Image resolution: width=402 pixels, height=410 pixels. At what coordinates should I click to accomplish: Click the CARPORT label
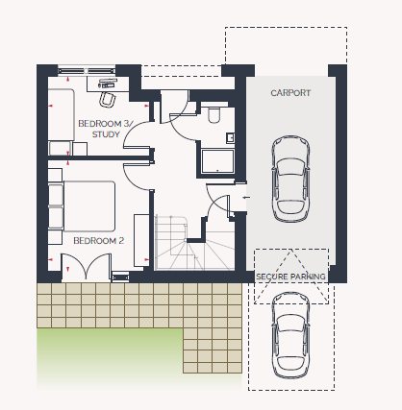(x=290, y=93)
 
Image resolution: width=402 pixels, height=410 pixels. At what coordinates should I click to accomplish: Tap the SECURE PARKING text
(x=290, y=277)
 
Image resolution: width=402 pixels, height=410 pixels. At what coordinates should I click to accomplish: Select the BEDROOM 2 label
(x=98, y=241)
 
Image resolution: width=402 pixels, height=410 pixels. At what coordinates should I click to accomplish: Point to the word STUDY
(x=106, y=134)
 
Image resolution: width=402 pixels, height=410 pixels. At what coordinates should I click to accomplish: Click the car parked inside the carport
(x=290, y=179)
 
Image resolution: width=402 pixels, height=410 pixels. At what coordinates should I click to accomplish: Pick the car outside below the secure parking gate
(x=290, y=335)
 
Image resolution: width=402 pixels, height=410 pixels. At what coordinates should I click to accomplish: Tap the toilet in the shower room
(x=214, y=115)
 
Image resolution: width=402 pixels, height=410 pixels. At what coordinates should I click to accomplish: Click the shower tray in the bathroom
(x=217, y=161)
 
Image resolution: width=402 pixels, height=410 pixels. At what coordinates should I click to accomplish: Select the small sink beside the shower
(x=230, y=138)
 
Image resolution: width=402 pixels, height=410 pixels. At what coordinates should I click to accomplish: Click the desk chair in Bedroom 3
(x=108, y=99)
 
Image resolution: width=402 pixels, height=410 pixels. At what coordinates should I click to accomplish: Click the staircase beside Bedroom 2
(x=194, y=243)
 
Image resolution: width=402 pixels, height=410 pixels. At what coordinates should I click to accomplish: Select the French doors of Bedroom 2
(x=87, y=267)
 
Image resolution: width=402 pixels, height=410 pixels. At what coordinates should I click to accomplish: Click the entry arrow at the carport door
(x=246, y=198)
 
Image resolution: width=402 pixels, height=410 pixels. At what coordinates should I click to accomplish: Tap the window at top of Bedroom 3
(x=87, y=71)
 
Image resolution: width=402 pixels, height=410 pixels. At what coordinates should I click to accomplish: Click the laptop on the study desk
(x=108, y=83)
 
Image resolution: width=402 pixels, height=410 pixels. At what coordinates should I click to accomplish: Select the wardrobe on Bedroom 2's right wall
(x=141, y=240)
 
